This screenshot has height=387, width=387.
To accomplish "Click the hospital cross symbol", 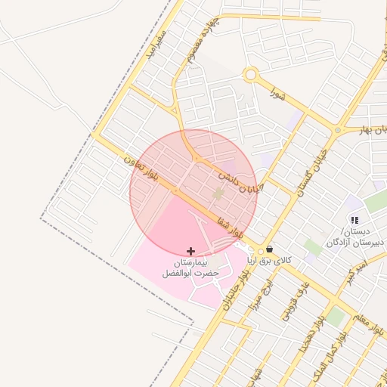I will [190, 250].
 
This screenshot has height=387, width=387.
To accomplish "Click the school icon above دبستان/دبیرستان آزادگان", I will [354, 220].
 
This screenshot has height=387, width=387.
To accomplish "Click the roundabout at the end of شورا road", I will [251, 75].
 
